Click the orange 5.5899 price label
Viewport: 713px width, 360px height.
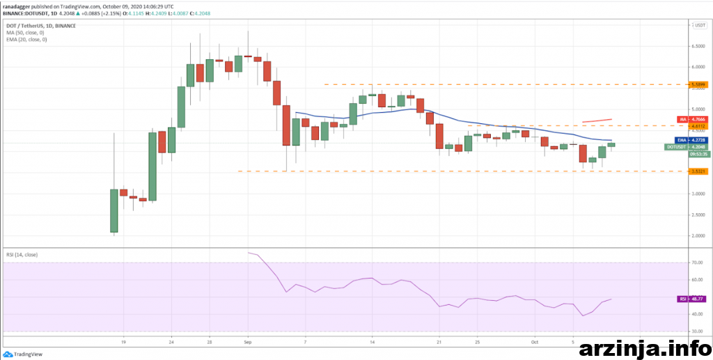pos(698,84)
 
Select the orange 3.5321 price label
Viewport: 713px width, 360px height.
pos(698,171)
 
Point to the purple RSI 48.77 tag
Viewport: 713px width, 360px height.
pos(694,299)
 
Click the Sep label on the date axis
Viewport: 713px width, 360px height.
pos(249,343)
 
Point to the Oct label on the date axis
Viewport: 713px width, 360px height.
pos(535,343)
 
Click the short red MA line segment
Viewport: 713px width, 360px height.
pos(597,120)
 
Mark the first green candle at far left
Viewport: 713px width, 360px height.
pos(113,210)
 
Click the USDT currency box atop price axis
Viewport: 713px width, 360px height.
pos(699,25)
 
